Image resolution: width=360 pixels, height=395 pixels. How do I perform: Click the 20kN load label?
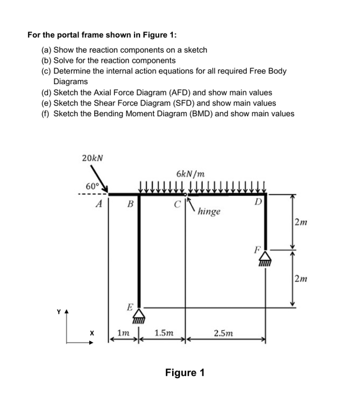coord(91,159)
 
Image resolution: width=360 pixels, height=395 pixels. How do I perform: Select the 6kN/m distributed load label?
coord(190,173)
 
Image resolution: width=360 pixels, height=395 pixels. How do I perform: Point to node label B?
coord(130,205)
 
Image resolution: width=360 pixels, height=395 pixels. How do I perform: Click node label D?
coord(257,201)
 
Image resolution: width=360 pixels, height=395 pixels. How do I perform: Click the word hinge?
coord(209,213)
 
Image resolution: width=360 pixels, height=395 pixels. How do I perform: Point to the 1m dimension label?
coord(123,334)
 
